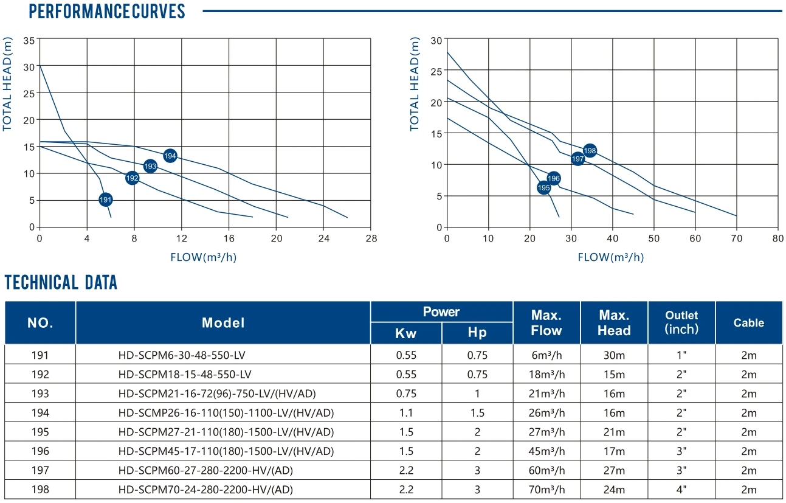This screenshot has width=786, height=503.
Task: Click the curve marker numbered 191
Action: (x=106, y=199)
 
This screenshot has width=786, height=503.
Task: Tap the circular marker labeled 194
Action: (x=170, y=156)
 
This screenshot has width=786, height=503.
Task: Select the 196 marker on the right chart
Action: (x=553, y=178)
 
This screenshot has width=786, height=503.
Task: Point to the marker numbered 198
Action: (x=590, y=150)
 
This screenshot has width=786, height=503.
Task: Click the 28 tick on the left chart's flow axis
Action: (x=371, y=238)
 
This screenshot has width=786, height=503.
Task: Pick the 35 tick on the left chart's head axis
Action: (x=29, y=40)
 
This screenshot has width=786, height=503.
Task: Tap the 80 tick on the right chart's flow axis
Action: (x=777, y=238)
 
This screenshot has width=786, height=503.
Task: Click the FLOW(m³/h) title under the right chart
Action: (x=610, y=257)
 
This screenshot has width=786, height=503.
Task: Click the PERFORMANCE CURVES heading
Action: (x=107, y=12)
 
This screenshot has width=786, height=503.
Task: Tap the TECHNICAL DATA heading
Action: (x=61, y=282)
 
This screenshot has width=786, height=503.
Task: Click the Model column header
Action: (x=223, y=323)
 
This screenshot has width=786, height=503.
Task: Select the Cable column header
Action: (x=748, y=323)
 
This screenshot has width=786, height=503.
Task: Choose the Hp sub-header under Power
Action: (x=477, y=333)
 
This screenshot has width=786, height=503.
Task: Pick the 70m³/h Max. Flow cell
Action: (x=546, y=490)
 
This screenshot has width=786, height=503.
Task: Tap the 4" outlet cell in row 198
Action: (x=681, y=490)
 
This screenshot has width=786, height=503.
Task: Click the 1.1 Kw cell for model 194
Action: (x=405, y=412)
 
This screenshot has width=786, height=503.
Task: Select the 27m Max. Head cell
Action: (x=614, y=470)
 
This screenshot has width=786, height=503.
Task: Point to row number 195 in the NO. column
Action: (x=40, y=432)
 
